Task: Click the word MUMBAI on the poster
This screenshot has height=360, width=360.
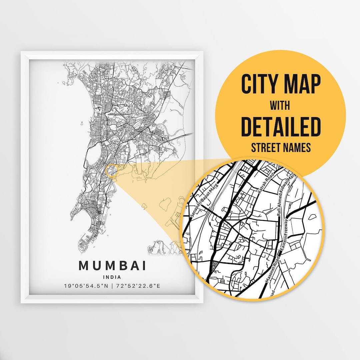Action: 112,266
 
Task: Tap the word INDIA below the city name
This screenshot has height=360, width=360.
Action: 112,277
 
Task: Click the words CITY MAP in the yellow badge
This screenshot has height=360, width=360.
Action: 281,85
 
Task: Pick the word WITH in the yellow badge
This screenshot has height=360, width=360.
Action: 280,106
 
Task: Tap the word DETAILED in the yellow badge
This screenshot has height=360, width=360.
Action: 281,127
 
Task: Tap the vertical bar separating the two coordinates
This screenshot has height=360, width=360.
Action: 112,286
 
